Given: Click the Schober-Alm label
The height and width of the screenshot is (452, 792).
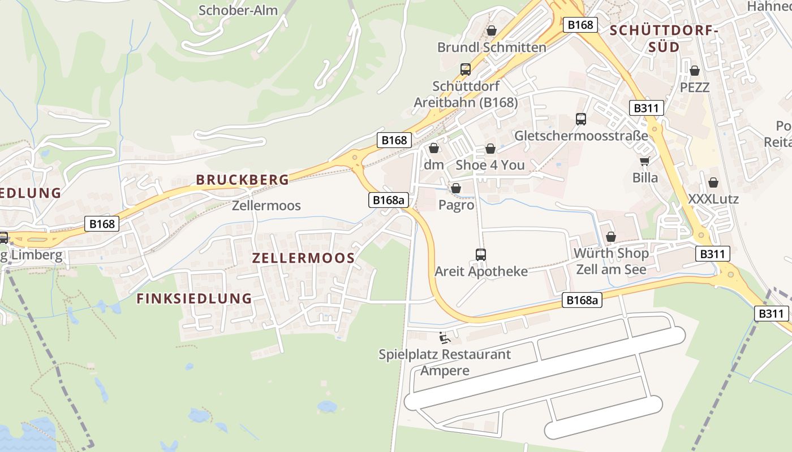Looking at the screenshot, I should (x=238, y=10).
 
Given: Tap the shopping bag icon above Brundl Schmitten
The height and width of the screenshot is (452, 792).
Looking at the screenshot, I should (x=492, y=31).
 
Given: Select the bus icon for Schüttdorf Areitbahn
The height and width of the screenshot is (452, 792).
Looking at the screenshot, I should (x=466, y=69).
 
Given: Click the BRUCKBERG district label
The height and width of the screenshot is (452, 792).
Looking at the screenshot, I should (x=242, y=180).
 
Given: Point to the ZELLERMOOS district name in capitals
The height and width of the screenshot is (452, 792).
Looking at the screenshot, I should (x=303, y=258).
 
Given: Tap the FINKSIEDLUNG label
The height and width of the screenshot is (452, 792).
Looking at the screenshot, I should (x=194, y=298).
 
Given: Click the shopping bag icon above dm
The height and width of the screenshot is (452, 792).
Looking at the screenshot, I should (x=434, y=149).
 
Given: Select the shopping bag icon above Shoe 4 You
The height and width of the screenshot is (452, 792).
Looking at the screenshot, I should (x=490, y=149).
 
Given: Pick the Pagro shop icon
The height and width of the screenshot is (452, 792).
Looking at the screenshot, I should (x=456, y=189).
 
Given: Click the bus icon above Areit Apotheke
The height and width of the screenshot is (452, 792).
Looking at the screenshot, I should (x=481, y=255).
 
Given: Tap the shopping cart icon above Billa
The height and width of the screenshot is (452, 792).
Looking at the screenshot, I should (x=645, y=162).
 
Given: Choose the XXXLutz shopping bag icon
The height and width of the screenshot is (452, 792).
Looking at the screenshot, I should (x=713, y=183).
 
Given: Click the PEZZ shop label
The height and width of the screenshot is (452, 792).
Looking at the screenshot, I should (x=695, y=88).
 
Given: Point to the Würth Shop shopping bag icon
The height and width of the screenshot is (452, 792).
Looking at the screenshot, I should (x=611, y=237).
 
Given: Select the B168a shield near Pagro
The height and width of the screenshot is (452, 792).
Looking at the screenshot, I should (x=389, y=199).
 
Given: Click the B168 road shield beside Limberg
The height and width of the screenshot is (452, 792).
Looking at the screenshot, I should (x=102, y=224).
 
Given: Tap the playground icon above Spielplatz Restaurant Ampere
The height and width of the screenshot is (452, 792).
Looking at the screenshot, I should (x=445, y=338).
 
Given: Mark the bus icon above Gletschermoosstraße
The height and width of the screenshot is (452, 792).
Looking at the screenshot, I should (x=581, y=119).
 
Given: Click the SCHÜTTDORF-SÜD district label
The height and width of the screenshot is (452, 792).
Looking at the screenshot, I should (x=663, y=39).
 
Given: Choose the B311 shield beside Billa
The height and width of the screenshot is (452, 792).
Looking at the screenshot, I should (x=646, y=108).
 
